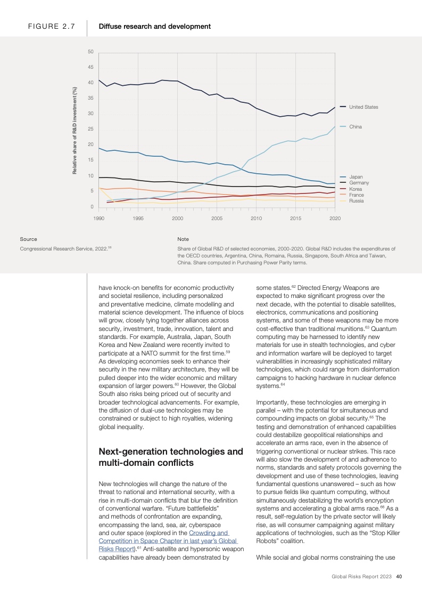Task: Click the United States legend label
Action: coord(363,107)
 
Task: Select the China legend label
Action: coord(355,127)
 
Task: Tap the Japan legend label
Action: coord(356,176)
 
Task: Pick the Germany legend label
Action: coord(359,183)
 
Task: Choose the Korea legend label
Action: coord(355,189)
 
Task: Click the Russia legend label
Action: coord(356,201)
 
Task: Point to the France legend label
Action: coord(357,195)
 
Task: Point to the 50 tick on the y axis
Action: coord(90,52)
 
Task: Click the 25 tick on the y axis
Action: coord(90,129)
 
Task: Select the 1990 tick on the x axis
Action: coord(98,219)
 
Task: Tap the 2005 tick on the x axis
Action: coord(217,219)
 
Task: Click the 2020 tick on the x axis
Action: coord(335,219)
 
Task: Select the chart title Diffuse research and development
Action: coord(154,26)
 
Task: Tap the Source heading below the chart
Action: coord(28,239)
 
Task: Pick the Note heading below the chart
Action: coord(183,239)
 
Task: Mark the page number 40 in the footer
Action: coord(398,576)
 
